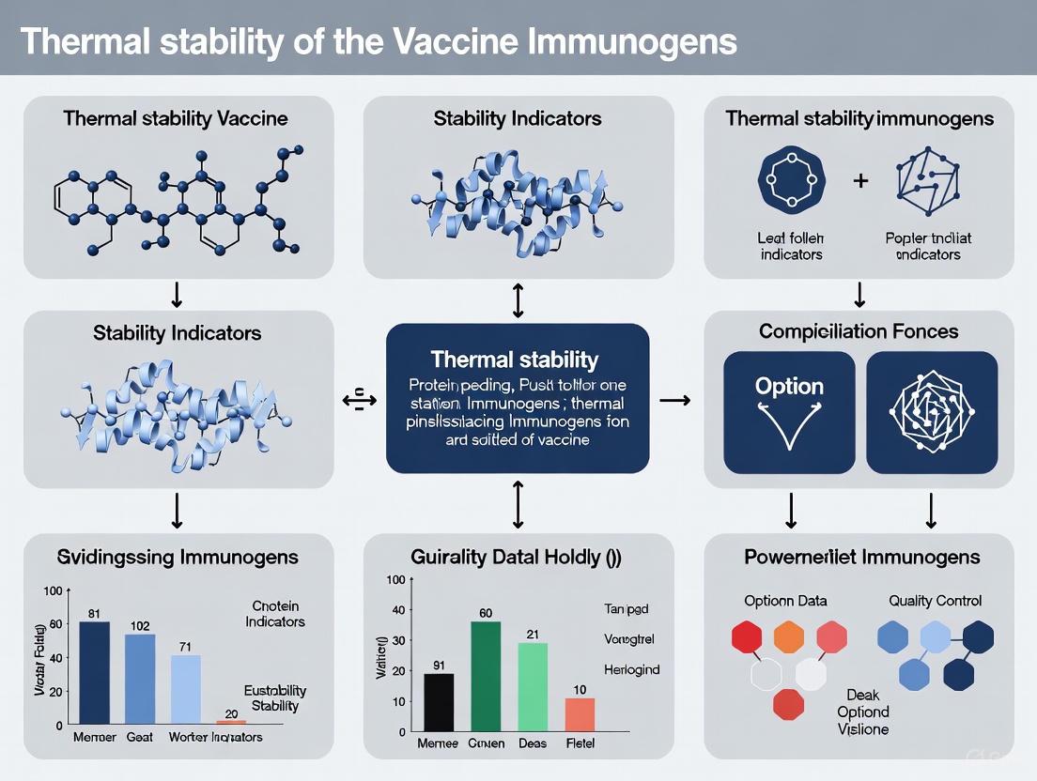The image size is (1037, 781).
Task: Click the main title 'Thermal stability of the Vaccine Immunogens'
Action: pyautogui.click(x=378, y=41)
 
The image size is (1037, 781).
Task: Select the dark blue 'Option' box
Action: pyautogui.click(x=789, y=412)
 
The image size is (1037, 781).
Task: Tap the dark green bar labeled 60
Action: pyautogui.click(x=486, y=675)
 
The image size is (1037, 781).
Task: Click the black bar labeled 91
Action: pyautogui.click(x=440, y=701)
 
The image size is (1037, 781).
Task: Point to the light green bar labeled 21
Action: pyautogui.click(x=533, y=685)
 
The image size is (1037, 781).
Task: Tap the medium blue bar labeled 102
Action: pyautogui.click(x=140, y=678)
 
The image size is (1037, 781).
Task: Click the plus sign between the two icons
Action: pyautogui.click(x=859, y=179)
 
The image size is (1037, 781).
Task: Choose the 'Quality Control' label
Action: pyautogui.click(x=935, y=600)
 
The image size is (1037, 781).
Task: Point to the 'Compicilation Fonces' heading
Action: pyautogui.click(x=859, y=331)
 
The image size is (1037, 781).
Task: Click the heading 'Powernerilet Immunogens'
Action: pyautogui.click(x=861, y=557)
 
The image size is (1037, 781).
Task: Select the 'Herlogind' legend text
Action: pyautogui.click(x=631, y=669)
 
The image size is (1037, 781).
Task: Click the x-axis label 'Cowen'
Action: pyautogui.click(x=486, y=743)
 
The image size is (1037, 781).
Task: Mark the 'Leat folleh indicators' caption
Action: pyautogui.click(x=791, y=246)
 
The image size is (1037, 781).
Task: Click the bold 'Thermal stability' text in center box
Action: pyautogui.click(x=514, y=359)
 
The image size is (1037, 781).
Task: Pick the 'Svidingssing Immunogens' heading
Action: pyautogui.click(x=178, y=557)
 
